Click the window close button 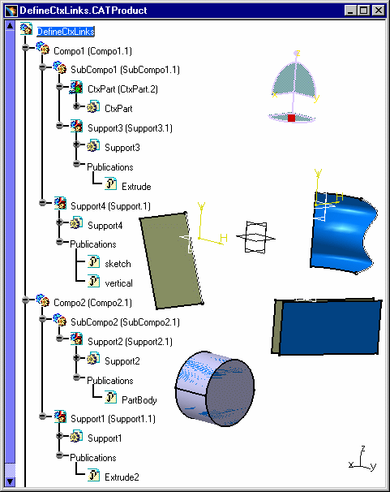(379, 11)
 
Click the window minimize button (351, 11)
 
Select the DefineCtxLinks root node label (66, 32)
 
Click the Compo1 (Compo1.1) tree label (92, 51)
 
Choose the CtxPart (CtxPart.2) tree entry (122, 89)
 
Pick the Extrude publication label (136, 187)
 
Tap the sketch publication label (118, 264)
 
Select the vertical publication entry (118, 283)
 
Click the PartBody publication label (139, 400)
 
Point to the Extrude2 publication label (122, 477)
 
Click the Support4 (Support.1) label (110, 206)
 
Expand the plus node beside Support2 (77, 358)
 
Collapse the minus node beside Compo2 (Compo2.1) (26, 300)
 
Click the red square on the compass (291, 118)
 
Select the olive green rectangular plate (171, 261)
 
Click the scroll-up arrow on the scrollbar (10, 26)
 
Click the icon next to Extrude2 (93, 475)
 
